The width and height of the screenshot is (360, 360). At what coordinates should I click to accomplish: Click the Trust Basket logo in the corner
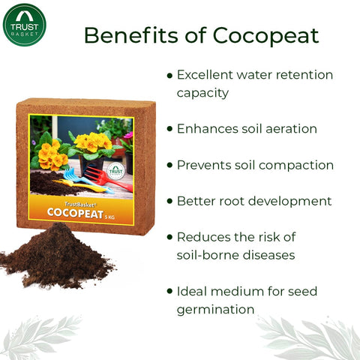25,25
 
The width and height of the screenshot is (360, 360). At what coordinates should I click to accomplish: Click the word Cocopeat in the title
265,35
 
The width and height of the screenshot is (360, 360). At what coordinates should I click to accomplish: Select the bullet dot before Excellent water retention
169,75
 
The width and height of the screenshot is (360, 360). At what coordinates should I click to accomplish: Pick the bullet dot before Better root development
169,201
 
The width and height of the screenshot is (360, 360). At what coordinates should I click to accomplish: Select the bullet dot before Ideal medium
169,291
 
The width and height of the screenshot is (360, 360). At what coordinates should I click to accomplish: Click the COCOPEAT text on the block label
74,212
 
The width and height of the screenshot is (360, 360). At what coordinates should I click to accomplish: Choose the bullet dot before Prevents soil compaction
169,165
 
